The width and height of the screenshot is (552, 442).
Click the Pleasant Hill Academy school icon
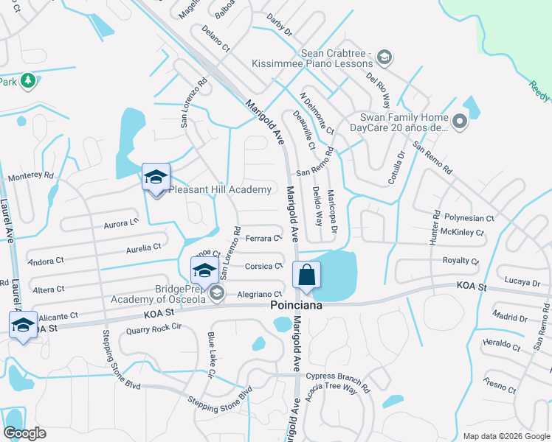point(156,178)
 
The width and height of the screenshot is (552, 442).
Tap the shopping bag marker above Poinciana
point(306,275)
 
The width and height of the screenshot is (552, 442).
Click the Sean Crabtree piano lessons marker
point(384,57)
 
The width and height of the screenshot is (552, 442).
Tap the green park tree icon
point(28,80)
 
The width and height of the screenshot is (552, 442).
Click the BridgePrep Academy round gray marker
point(216,294)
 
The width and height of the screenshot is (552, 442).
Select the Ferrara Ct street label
point(263,238)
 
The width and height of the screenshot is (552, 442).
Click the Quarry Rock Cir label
point(153,329)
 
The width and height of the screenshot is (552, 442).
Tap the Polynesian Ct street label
point(469,219)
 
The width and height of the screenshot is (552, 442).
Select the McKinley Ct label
point(461,233)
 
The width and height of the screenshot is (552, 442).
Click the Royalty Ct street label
point(460,261)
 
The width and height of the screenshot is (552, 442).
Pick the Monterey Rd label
point(31,177)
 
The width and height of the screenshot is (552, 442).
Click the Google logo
point(24,433)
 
